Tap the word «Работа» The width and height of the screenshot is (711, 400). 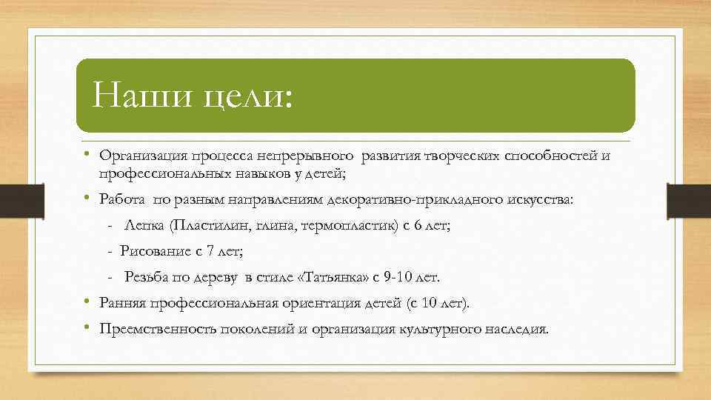coord(123,200)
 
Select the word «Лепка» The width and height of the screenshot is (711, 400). coord(143,225)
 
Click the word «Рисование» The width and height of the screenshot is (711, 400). coord(156,251)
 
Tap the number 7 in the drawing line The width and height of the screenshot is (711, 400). coord(210,251)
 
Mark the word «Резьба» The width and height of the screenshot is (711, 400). coord(146,278)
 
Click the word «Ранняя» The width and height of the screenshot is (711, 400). coord(124,304)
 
